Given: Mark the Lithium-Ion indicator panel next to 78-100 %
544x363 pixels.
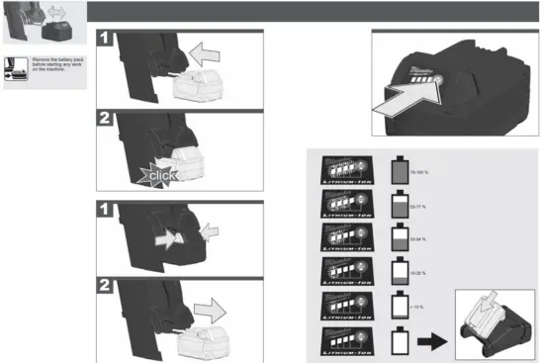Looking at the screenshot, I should pos(343,172).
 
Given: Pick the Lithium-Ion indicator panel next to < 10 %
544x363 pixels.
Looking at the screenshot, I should pos(343,305).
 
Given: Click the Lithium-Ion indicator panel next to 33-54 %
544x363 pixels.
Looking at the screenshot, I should pos(343,238).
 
